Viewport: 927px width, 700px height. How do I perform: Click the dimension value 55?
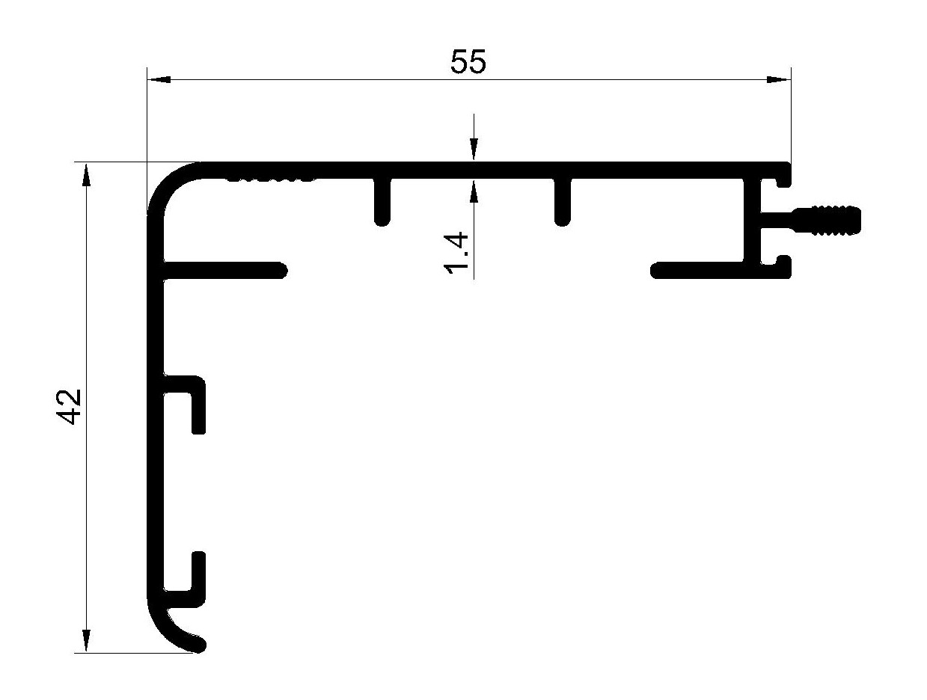pyautogui.click(x=468, y=61)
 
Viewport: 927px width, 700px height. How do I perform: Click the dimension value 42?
pyautogui.click(x=68, y=406)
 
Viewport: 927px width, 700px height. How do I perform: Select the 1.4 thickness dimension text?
pyautogui.click(x=456, y=253)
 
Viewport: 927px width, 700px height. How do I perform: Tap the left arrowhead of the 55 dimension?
pyautogui.click(x=159, y=79)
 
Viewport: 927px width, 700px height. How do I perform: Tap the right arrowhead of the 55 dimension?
pyautogui.click(x=779, y=79)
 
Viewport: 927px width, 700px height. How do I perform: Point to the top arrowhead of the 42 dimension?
pyautogui.click(x=86, y=174)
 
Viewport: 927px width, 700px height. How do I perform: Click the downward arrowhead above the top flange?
pyautogui.click(x=474, y=150)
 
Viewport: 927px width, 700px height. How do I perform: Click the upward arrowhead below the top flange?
pyautogui.click(x=474, y=191)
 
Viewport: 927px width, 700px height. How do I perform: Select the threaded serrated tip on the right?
pyautogui.click(x=827, y=221)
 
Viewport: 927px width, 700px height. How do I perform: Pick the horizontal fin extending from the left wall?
pyautogui.click(x=224, y=270)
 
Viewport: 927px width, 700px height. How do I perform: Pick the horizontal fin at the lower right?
pyautogui.click(x=697, y=271)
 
